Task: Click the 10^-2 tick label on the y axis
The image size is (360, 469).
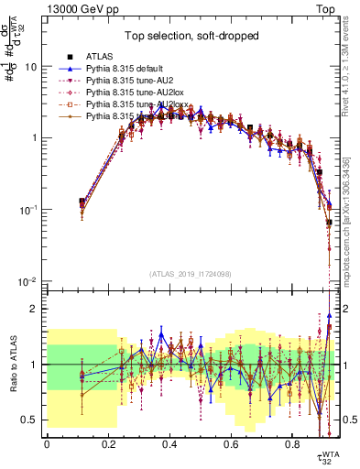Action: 30,281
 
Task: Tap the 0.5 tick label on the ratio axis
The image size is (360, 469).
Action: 33,420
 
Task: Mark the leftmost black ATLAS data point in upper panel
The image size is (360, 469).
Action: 82,202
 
